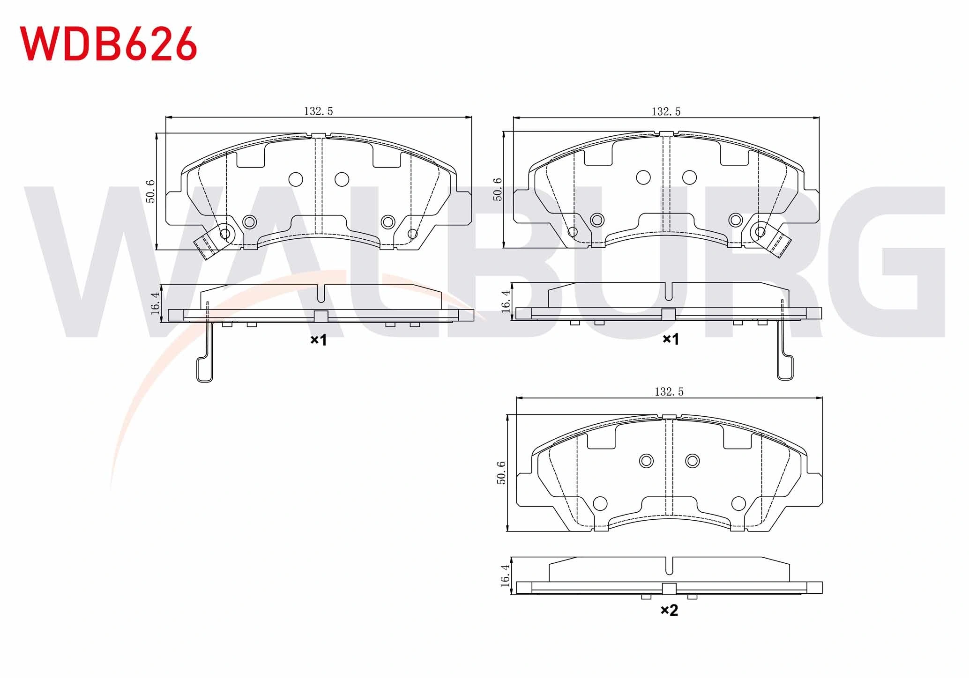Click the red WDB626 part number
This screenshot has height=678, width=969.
coord(108,43)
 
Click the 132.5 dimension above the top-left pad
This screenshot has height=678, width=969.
coord(319,111)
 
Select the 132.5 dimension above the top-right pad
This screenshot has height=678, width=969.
coord(666,111)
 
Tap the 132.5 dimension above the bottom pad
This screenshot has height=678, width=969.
coord(669,391)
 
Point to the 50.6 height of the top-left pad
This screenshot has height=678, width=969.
coord(150,191)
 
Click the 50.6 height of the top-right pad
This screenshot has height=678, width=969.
coord(498,189)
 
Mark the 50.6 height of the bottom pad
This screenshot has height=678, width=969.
coord(501,472)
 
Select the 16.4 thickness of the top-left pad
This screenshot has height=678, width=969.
coord(156,303)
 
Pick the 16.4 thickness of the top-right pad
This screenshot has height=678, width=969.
coord(506,301)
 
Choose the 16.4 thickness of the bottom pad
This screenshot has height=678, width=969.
coord(505,575)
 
